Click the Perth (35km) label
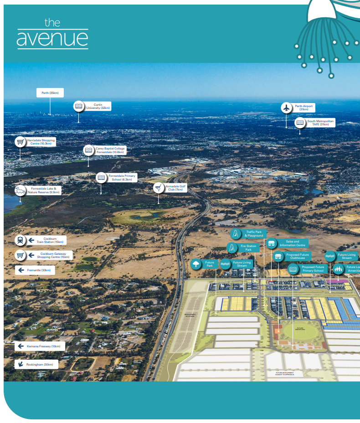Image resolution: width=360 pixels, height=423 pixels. [x=50, y=93]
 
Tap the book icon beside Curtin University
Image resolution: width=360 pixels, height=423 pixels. [x=79, y=106]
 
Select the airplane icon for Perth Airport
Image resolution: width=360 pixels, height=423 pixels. [x=286, y=108]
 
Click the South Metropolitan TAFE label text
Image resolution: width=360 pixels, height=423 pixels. [x=320, y=123]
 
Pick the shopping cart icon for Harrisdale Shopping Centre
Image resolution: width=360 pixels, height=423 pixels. [x=20, y=142]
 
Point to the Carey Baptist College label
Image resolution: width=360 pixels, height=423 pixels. [x=109, y=150]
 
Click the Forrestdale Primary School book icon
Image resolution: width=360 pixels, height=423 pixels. [x=101, y=177]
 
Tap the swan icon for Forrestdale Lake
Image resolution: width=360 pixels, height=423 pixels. [x=20, y=191]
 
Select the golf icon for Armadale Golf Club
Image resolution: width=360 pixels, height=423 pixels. [x=158, y=188]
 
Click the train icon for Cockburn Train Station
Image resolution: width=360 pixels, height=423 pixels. [x=20, y=240]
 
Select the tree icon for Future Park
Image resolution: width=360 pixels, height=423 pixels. [x=196, y=264]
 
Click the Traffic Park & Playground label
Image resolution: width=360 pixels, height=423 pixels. [x=254, y=234]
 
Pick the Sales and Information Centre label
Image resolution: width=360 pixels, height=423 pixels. [x=292, y=243]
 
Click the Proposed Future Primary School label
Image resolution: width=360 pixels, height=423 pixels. [x=312, y=269]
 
